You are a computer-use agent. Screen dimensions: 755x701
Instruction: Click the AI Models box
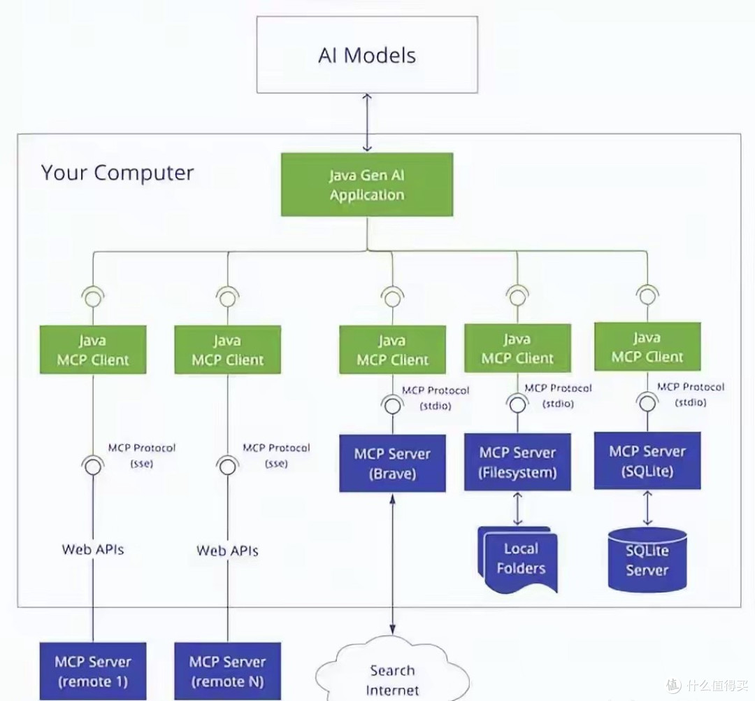367,55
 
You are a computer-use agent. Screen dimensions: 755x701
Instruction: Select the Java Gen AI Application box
367,185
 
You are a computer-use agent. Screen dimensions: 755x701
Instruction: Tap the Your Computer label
117,173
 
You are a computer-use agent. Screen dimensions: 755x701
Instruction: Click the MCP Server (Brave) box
392,463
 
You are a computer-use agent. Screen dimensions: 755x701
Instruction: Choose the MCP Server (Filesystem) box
517,462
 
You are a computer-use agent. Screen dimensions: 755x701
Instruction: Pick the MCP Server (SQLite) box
647,460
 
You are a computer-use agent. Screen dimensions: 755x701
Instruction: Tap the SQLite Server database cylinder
647,560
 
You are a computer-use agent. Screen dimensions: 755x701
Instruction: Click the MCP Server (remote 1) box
93,671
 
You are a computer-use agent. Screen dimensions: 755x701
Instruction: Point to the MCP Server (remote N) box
228,671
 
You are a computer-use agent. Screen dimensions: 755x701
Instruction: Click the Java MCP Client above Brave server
392,350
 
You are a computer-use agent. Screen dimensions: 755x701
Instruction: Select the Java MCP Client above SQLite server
647,347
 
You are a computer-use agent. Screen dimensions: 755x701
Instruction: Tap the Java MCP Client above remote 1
93,350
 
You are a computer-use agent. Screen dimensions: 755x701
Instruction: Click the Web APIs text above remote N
227,551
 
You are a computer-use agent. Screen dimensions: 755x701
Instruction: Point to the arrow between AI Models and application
367,123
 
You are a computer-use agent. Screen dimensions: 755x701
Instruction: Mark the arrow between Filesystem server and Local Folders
517,509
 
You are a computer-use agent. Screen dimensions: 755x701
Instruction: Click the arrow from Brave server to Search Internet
392,564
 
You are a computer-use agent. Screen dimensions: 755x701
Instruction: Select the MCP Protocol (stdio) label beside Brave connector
436,398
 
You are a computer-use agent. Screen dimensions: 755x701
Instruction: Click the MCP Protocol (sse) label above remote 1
141,455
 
